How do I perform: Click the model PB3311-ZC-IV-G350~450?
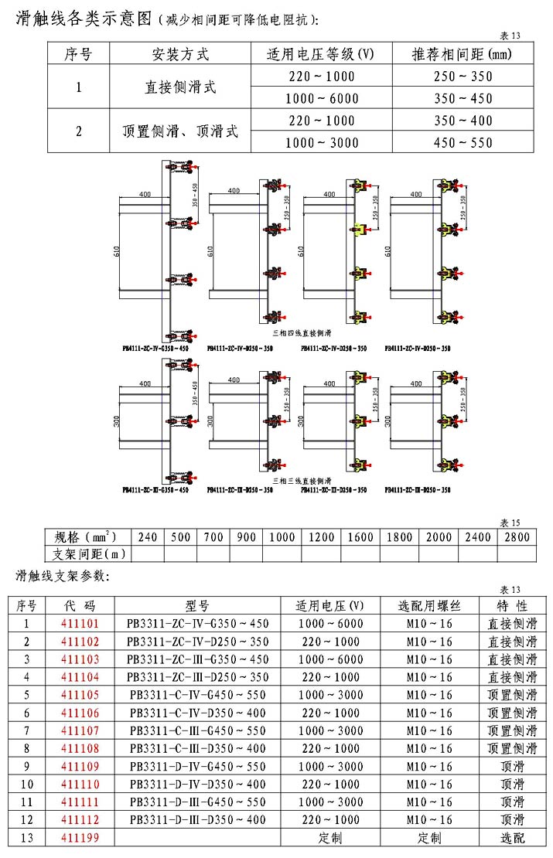click(198, 623)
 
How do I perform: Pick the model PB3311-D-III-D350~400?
click(198, 820)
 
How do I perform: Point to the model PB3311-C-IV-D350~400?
click(198, 713)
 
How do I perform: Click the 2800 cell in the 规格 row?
click(514, 537)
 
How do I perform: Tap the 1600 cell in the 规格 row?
click(360, 537)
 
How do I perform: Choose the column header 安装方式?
click(179, 54)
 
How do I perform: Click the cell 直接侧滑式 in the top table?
click(179, 87)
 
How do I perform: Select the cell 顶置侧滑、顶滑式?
click(179, 131)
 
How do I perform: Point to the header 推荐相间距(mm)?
click(463, 54)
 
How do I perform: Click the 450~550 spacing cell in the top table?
click(463, 143)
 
